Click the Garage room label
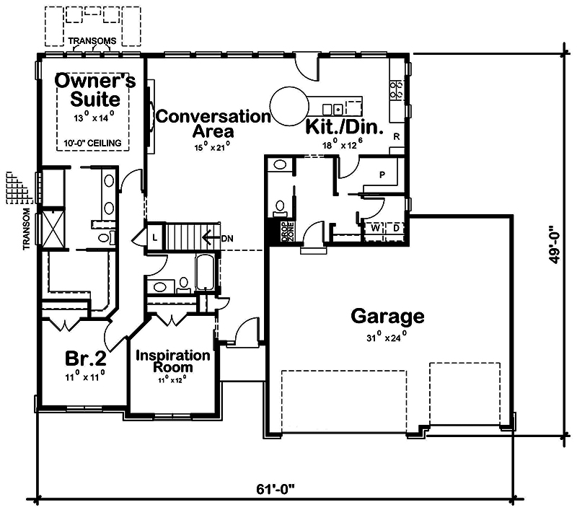(387, 316)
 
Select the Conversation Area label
(213, 123)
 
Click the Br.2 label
(84, 358)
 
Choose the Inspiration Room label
(173, 361)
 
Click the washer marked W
(376, 228)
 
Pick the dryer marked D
(395, 228)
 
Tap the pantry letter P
(382, 175)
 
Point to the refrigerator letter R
(396, 136)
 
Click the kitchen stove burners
(396, 89)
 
